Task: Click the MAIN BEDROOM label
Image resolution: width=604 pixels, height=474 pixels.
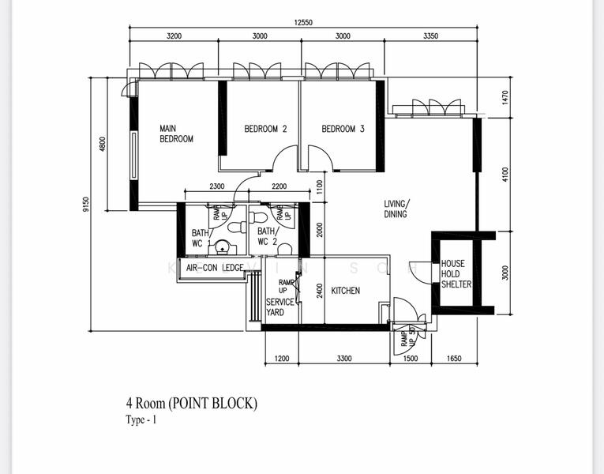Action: click(176, 134)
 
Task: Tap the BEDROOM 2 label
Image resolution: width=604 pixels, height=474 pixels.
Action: click(264, 129)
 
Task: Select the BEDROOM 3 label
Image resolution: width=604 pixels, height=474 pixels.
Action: click(343, 129)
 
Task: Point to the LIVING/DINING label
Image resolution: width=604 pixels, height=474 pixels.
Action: click(396, 209)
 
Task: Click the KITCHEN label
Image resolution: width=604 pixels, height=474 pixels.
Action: click(345, 291)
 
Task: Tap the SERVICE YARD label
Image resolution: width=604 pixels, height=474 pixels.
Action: click(280, 307)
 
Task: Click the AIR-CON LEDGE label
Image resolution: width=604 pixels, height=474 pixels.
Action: click(214, 268)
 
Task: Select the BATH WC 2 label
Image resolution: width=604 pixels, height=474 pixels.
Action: click(267, 236)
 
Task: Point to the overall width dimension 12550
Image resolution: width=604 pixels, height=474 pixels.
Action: click(303, 23)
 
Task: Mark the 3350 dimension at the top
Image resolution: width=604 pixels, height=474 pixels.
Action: click(430, 36)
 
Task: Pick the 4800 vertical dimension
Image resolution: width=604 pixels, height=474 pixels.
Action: click(102, 145)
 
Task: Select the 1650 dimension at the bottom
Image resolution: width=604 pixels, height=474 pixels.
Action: click(452, 359)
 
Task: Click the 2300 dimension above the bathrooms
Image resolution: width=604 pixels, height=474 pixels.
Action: click(217, 186)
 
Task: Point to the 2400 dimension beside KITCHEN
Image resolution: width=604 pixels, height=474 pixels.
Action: click(319, 290)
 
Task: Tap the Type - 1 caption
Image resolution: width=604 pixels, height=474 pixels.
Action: click(141, 420)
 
